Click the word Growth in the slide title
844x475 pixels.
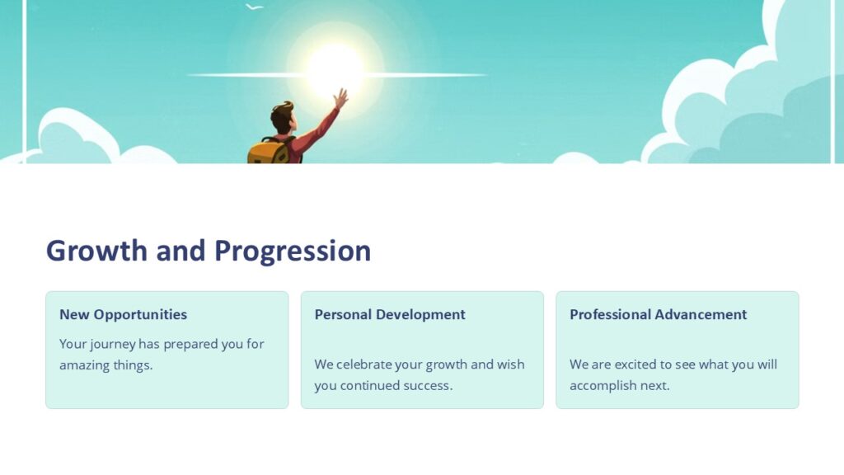[x=97, y=250]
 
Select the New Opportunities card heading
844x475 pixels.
[x=123, y=314]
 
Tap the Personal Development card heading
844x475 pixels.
[x=390, y=314]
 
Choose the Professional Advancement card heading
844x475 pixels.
[x=658, y=314]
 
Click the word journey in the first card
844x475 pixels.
[x=112, y=345]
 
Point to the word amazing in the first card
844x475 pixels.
[x=89, y=365]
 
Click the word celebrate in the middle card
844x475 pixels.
[x=364, y=364]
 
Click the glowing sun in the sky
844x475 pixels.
[x=335, y=66]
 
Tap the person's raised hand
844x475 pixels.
[x=340, y=98]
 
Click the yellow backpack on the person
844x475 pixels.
[x=267, y=151]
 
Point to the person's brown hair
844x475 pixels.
[x=282, y=114]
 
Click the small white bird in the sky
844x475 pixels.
[x=255, y=7]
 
